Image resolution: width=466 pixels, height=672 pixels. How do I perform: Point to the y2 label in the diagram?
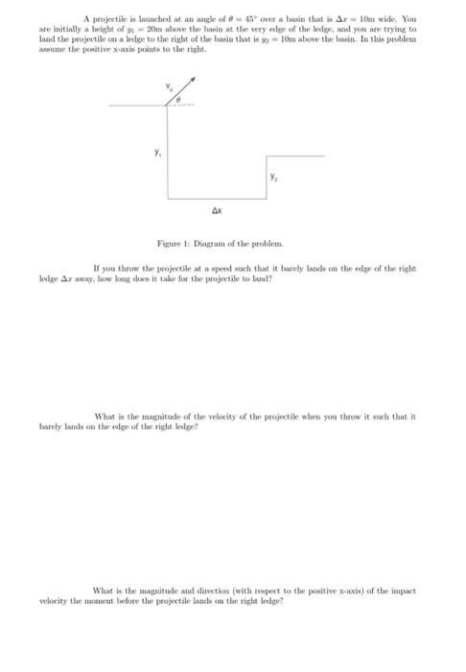273,177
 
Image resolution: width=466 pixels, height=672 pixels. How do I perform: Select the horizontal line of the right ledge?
293,155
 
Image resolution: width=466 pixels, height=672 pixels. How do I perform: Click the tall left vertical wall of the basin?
170,149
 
